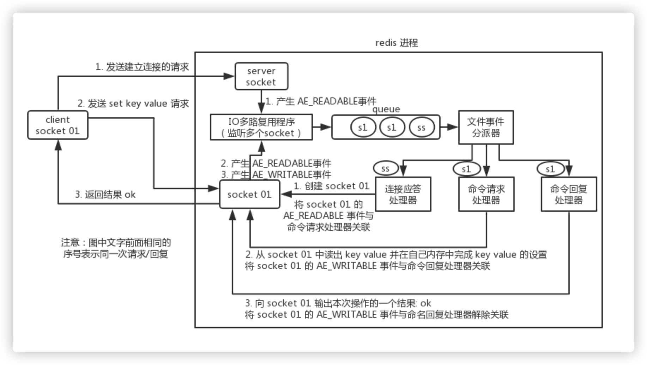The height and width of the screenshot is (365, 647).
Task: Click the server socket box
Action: pyautogui.click(x=261, y=76)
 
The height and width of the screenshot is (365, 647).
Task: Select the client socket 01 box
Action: pyautogui.click(x=58, y=125)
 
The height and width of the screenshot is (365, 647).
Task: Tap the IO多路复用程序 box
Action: pyautogui.click(x=261, y=127)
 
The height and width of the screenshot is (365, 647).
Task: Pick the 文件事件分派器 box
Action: pyautogui.click(x=486, y=127)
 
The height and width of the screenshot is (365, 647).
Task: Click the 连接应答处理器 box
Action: pyautogui.click(x=403, y=195)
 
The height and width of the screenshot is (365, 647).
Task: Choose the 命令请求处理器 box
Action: pyautogui.click(x=486, y=195)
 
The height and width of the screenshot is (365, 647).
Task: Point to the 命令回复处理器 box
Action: pyautogui.click(x=569, y=195)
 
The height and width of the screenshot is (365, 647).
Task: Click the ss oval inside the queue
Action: pyautogui.click(x=422, y=127)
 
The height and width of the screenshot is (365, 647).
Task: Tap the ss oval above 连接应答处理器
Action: pyautogui.click(x=386, y=169)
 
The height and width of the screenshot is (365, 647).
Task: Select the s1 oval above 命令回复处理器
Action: pyautogui.click(x=550, y=169)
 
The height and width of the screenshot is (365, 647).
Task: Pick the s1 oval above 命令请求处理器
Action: pyautogui.click(x=466, y=169)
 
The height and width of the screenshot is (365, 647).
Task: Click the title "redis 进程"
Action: pyautogui.click(x=397, y=43)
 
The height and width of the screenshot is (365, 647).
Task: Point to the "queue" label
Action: pyautogui.click(x=386, y=109)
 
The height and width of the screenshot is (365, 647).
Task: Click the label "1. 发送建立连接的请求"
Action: pyautogui.click(x=142, y=67)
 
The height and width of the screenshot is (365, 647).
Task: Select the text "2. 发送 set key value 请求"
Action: pyautogui.click(x=133, y=103)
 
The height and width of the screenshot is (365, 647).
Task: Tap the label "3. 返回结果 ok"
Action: pyautogui.click(x=105, y=195)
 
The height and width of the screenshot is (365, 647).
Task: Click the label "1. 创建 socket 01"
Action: pyautogui.click(x=332, y=186)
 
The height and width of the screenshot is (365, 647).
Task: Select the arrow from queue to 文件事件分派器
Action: pyautogui.click(x=449, y=127)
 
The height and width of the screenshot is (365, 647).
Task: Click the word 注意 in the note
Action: pyautogui.click(x=70, y=243)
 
